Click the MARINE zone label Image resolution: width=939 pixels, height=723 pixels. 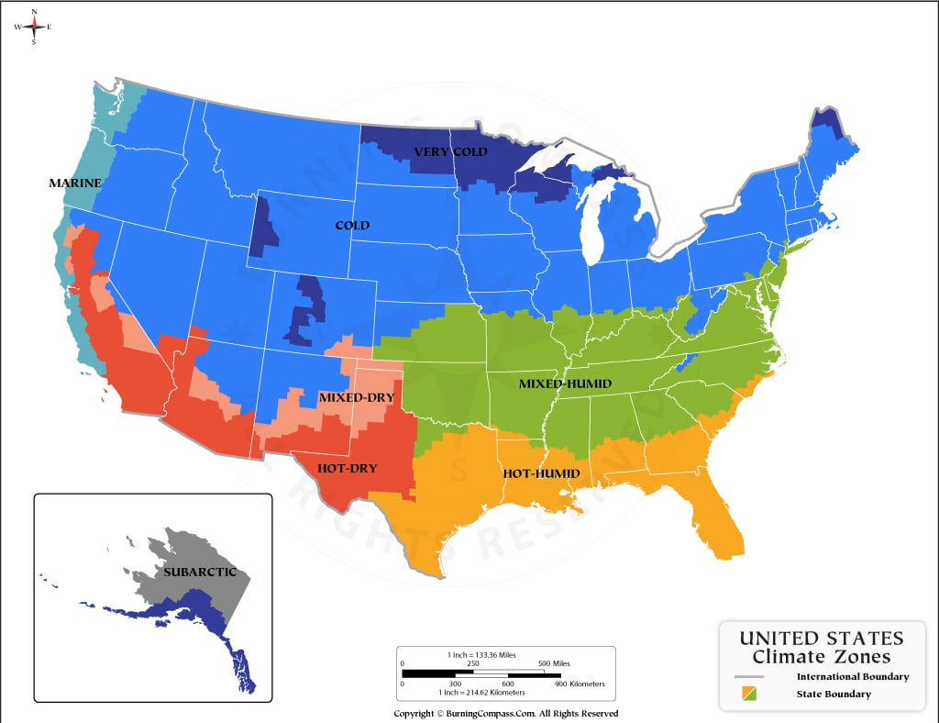tap(74, 184)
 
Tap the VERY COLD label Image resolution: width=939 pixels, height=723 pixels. tap(450, 151)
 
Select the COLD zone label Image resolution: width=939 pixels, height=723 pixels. tap(352, 225)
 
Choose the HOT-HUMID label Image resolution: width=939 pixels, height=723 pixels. tap(541, 473)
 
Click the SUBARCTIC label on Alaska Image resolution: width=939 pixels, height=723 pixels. tap(200, 572)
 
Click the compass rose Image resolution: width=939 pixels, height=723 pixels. tap(34, 27)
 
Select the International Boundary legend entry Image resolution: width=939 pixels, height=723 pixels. tap(852, 676)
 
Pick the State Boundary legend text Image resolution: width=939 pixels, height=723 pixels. tap(834, 694)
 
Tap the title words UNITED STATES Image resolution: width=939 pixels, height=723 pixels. tap(821, 639)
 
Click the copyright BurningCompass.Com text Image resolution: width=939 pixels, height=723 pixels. tap(505, 713)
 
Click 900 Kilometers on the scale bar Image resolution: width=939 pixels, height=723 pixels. tap(579, 684)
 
